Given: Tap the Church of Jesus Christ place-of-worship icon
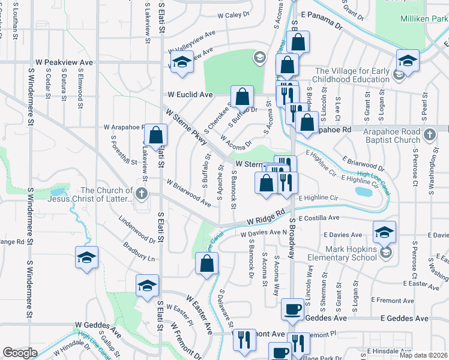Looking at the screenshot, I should (x=141, y=193).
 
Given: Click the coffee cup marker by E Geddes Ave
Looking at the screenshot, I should (x=292, y=309).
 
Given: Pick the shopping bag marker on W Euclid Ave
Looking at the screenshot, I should (x=242, y=97).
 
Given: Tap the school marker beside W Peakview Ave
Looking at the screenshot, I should (x=181, y=62).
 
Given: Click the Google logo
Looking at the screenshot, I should (x=20, y=353).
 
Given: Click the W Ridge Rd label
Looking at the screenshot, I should (x=264, y=216).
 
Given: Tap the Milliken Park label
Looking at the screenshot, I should (x=424, y=19).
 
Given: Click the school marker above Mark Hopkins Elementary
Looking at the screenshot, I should (x=384, y=232).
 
